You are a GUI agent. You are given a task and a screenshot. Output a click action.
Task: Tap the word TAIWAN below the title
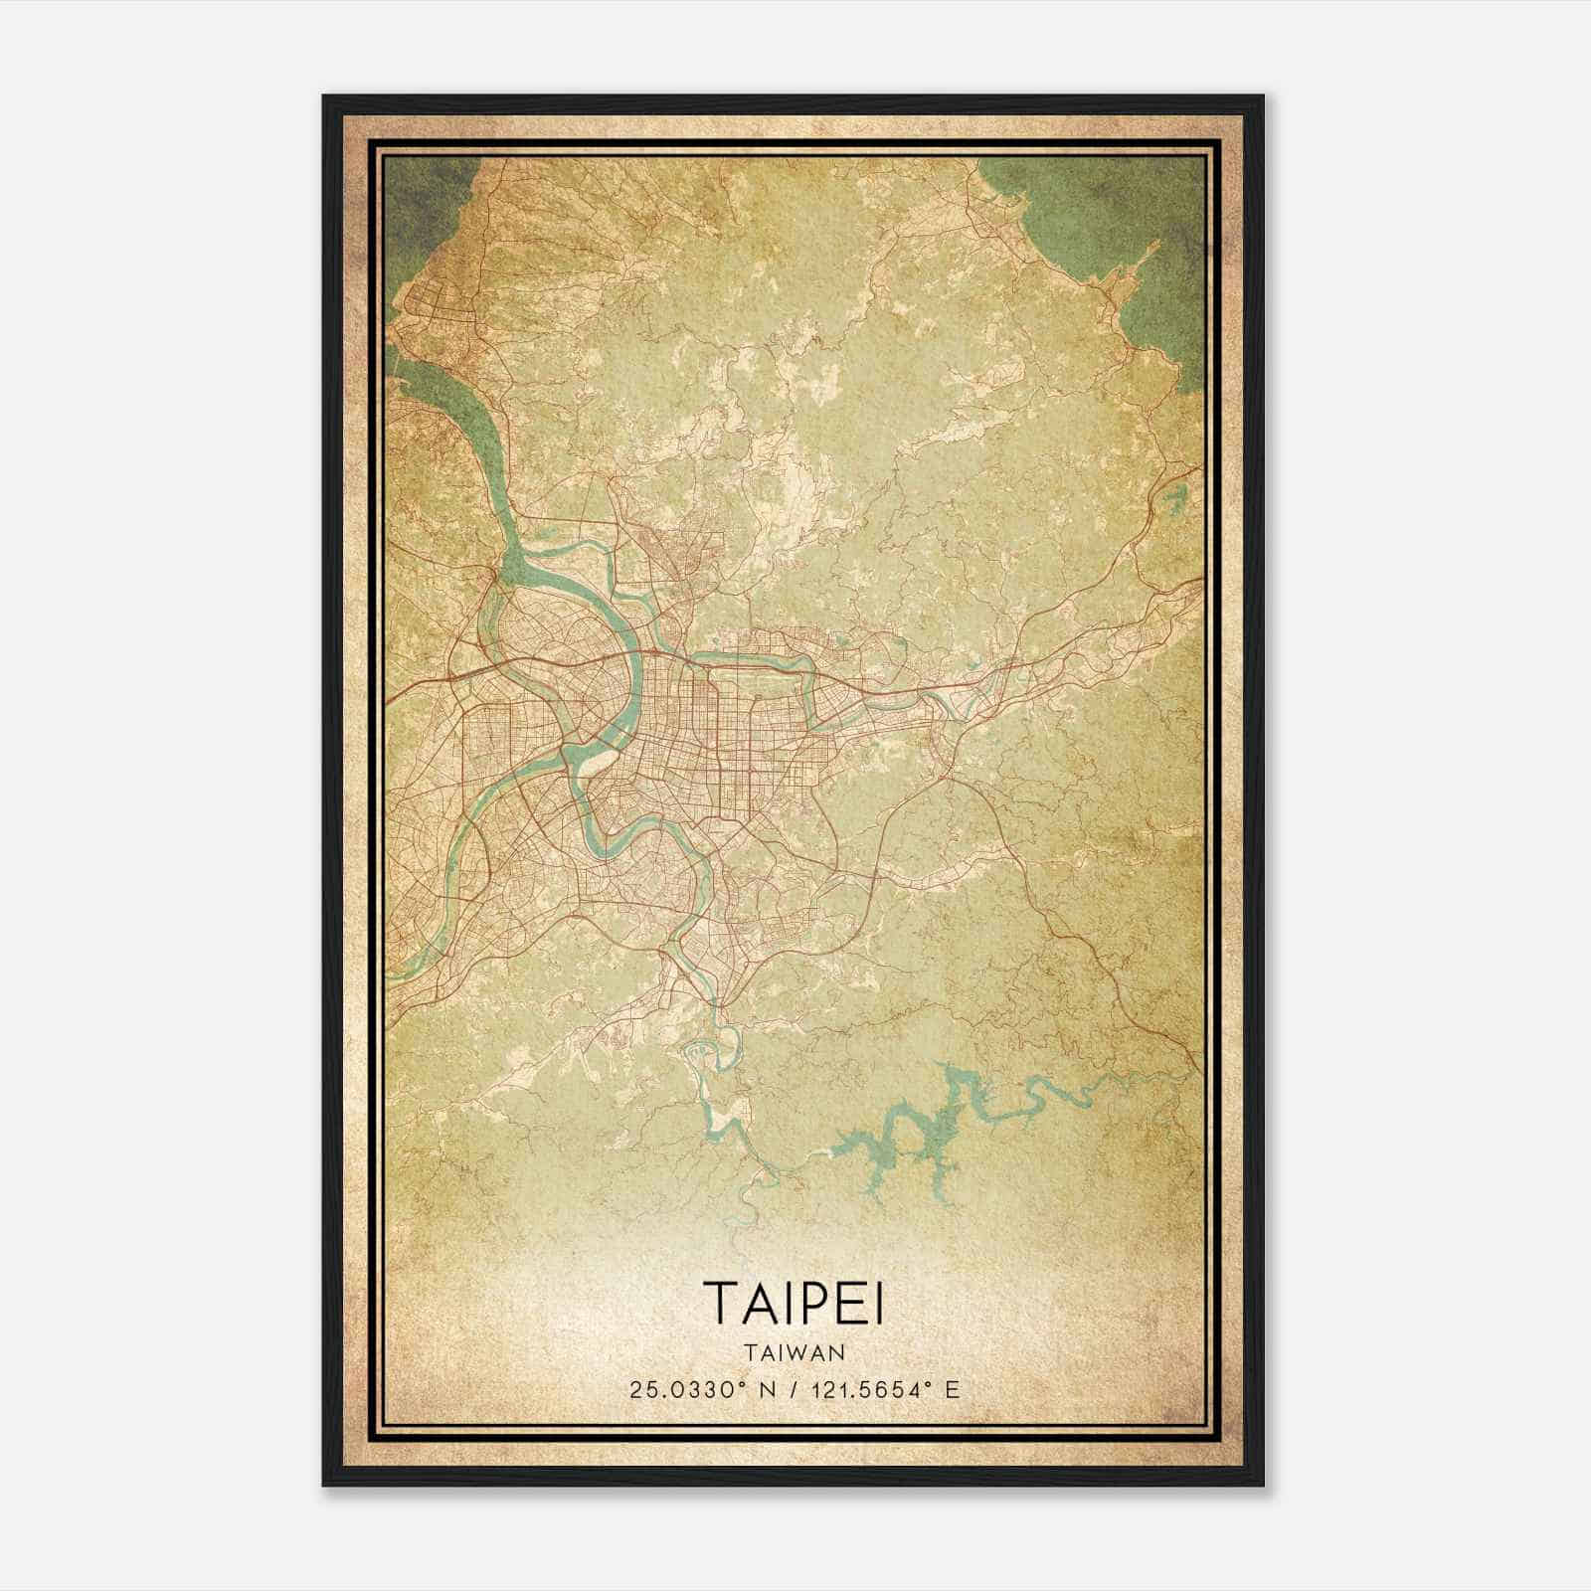(x=793, y=1352)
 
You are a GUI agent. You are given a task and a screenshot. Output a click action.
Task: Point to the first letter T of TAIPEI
(x=719, y=1302)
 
